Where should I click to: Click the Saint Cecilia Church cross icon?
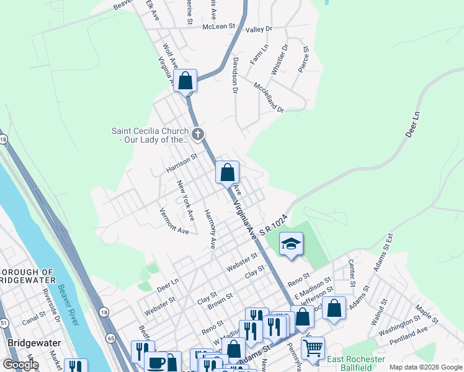click(x=198, y=133)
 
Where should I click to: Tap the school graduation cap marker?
click(x=290, y=244)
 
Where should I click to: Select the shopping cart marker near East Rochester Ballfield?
click(x=312, y=348)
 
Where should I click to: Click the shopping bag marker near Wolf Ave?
click(x=185, y=81)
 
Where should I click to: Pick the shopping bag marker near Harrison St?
click(x=228, y=172)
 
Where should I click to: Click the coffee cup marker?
click(x=157, y=363)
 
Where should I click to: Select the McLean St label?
click(x=220, y=27)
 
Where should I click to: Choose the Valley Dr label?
click(x=259, y=29)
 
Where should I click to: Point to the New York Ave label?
click(x=185, y=200)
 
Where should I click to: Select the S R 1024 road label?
click(x=275, y=224)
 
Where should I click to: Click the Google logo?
click(x=20, y=365)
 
